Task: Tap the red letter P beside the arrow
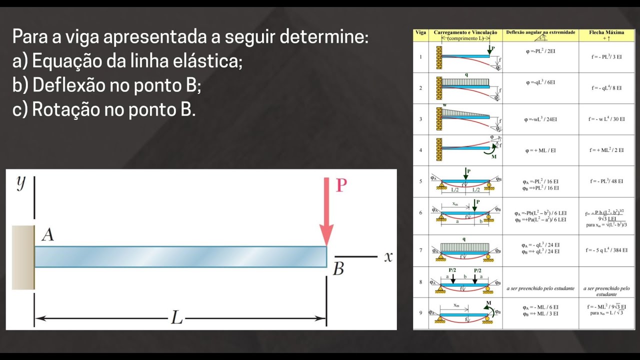click(341, 186)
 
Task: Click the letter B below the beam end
click(338, 269)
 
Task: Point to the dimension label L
click(176, 317)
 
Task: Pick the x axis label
click(388, 257)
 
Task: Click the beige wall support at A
click(23, 257)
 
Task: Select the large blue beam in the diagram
click(180, 257)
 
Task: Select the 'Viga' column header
click(420, 32)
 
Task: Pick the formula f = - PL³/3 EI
click(606, 57)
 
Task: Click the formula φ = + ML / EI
click(540, 150)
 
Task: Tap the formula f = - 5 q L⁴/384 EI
click(606, 250)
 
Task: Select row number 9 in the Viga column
click(420, 313)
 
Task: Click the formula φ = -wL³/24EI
click(540, 119)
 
